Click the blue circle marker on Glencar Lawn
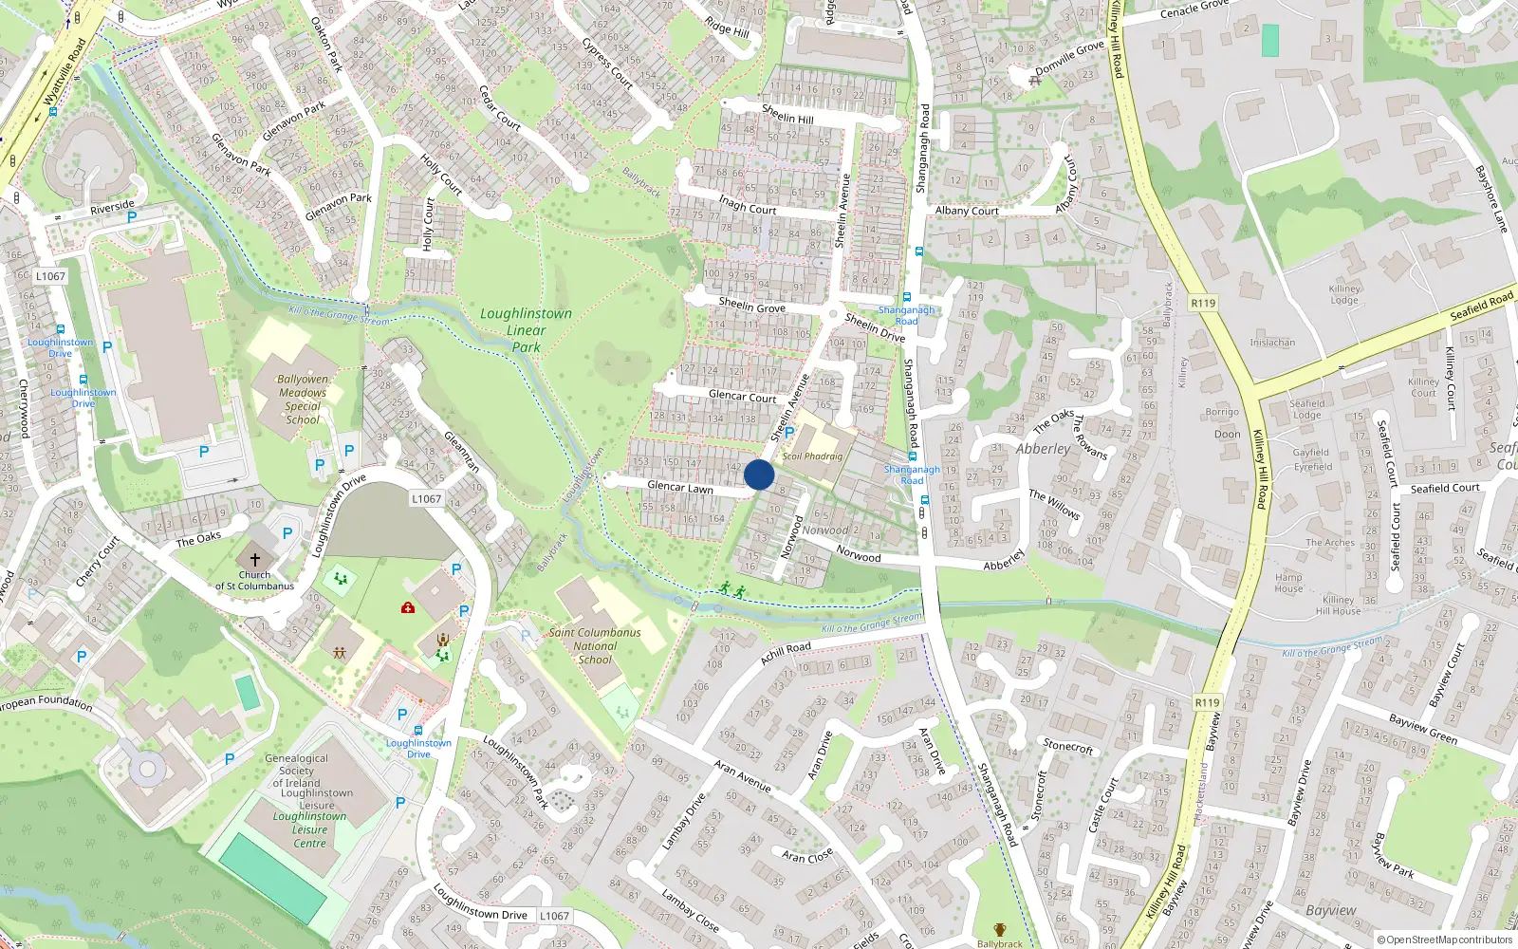759,474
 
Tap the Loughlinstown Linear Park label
526,329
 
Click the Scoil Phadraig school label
812,456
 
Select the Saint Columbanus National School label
595,646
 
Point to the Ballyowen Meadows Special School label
303,400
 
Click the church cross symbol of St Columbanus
254,560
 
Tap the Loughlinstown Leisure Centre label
309,829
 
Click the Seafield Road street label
1481,307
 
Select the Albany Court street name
967,211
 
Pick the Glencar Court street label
742,396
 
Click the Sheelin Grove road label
751,306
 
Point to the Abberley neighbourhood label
1043,449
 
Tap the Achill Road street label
786,652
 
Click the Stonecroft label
1068,747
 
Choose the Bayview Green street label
1423,729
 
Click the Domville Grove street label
1069,57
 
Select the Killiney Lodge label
1344,294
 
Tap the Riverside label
112,207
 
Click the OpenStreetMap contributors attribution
1444,940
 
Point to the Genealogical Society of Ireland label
297,771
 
